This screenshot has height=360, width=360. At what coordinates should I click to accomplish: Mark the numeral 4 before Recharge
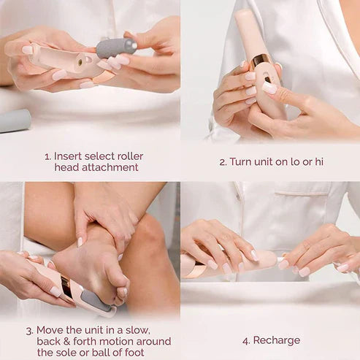point(245,340)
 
